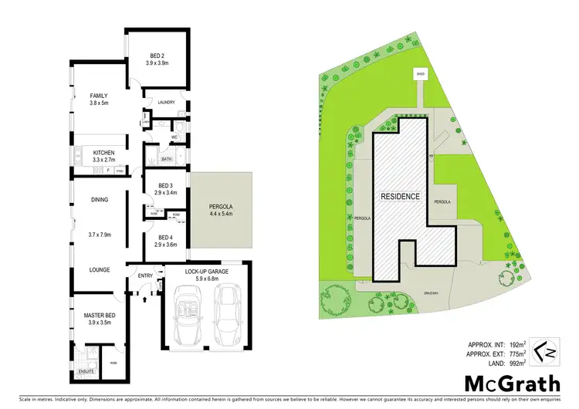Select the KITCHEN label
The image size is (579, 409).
(104, 153)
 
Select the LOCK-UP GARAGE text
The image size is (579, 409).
(205, 272)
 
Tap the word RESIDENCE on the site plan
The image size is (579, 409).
(400, 197)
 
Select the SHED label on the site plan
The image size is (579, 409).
(421, 75)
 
